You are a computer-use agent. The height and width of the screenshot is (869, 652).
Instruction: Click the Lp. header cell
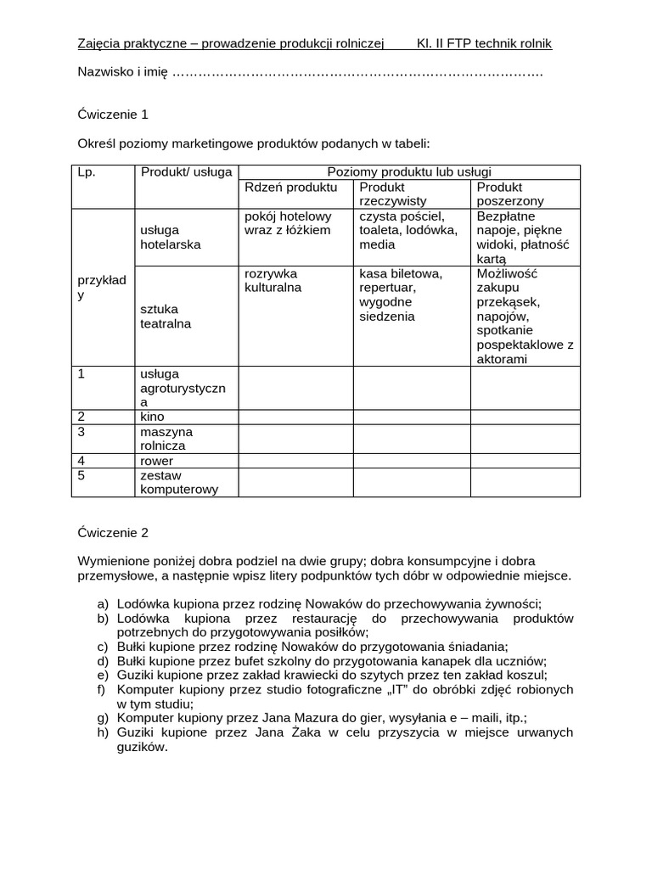coord(87,171)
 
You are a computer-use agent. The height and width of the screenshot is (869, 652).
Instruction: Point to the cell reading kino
coord(153,417)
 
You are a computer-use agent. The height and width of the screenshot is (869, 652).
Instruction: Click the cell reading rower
coord(156,461)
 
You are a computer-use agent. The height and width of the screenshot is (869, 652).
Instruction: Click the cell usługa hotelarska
coord(171,237)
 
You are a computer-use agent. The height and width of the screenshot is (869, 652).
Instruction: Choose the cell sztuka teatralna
coord(166,316)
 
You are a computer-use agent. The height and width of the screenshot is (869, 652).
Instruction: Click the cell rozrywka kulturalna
coord(273,281)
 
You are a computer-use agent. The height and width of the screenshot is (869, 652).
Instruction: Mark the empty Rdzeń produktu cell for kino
coord(295,417)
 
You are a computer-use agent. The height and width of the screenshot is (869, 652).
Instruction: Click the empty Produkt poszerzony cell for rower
coord(525,461)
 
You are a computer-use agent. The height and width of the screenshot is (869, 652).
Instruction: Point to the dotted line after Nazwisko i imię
coord(357,73)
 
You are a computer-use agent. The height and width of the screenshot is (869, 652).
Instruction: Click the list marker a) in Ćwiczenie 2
coord(103,604)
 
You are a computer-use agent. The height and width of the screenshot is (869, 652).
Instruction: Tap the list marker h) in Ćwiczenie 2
coord(103,733)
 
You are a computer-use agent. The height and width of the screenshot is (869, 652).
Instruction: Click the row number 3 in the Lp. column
coord(81,432)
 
